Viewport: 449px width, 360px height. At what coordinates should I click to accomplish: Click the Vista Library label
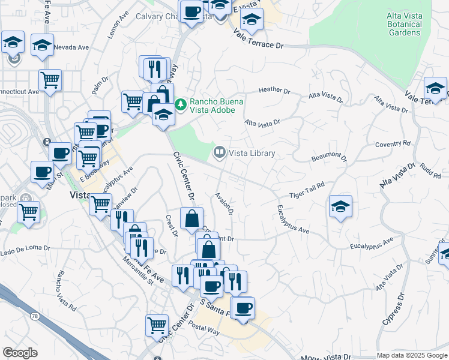[252, 154]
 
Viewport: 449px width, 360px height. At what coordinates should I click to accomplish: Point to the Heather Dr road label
[274, 91]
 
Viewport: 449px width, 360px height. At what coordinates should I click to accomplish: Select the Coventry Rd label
[393, 144]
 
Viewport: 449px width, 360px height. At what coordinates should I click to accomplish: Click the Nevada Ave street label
[71, 47]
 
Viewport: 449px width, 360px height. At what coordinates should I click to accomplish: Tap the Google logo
[20, 353]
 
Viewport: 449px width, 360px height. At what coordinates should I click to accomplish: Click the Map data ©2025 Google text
[411, 355]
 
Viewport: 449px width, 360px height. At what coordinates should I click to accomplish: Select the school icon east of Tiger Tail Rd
[340, 206]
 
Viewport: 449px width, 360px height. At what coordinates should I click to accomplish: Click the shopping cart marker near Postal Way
[157, 326]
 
